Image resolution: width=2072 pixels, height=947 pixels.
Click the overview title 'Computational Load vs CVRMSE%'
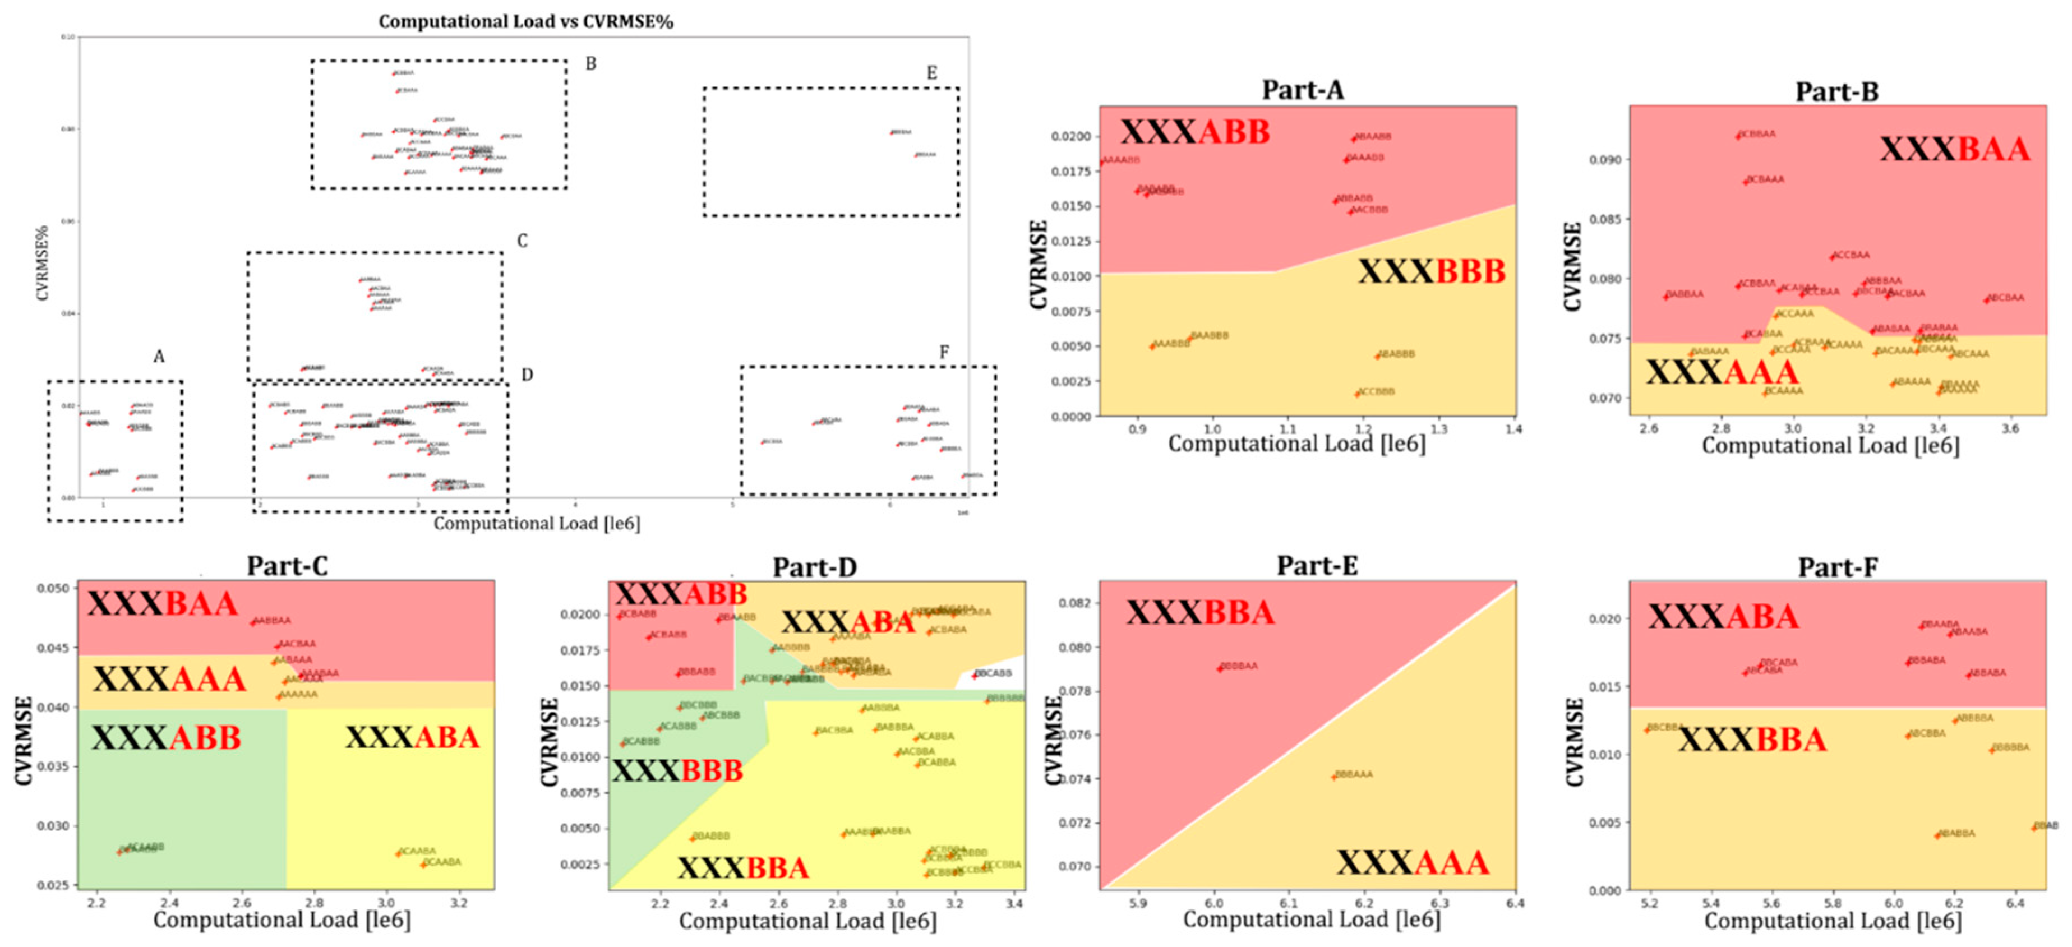coord(525,22)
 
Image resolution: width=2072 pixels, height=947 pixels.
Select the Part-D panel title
coord(814,567)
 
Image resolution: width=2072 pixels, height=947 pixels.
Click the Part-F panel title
coord(1838,567)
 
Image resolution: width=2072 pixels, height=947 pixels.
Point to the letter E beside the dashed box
coord(931,73)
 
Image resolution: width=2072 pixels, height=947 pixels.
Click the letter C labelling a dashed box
coord(522,241)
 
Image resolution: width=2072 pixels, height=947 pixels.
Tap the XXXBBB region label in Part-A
coord(1432,272)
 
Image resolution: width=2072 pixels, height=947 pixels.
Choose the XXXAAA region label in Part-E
coord(1413,862)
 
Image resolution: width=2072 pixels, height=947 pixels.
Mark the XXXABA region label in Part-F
coord(1723,617)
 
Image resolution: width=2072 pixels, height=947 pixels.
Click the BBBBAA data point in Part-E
coord(1220,668)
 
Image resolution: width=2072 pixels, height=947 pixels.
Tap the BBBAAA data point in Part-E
coord(1333,777)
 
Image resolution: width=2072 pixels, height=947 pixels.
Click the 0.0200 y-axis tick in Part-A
coord(1070,137)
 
